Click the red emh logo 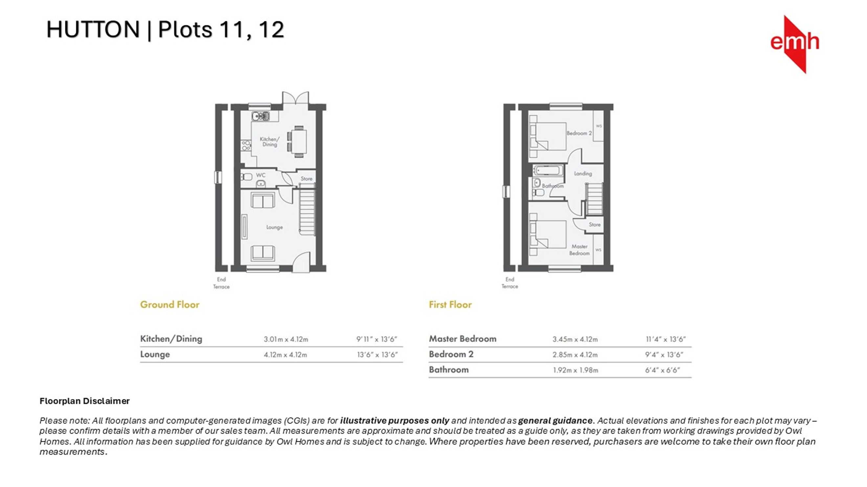(795, 44)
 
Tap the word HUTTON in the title (93, 30)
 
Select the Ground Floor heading (170, 305)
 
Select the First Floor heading (450, 305)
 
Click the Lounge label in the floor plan (274, 228)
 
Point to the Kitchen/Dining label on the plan (269, 141)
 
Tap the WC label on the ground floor (260, 175)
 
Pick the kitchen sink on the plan (260, 116)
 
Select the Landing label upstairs (583, 173)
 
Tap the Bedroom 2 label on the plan (579, 133)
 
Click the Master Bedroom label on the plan (579, 250)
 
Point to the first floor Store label (594, 225)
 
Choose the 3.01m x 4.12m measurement (286, 339)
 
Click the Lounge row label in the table (155, 354)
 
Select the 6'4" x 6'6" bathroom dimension (662, 370)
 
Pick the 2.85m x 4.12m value (575, 355)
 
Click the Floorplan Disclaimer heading (84, 401)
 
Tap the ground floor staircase (307, 212)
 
